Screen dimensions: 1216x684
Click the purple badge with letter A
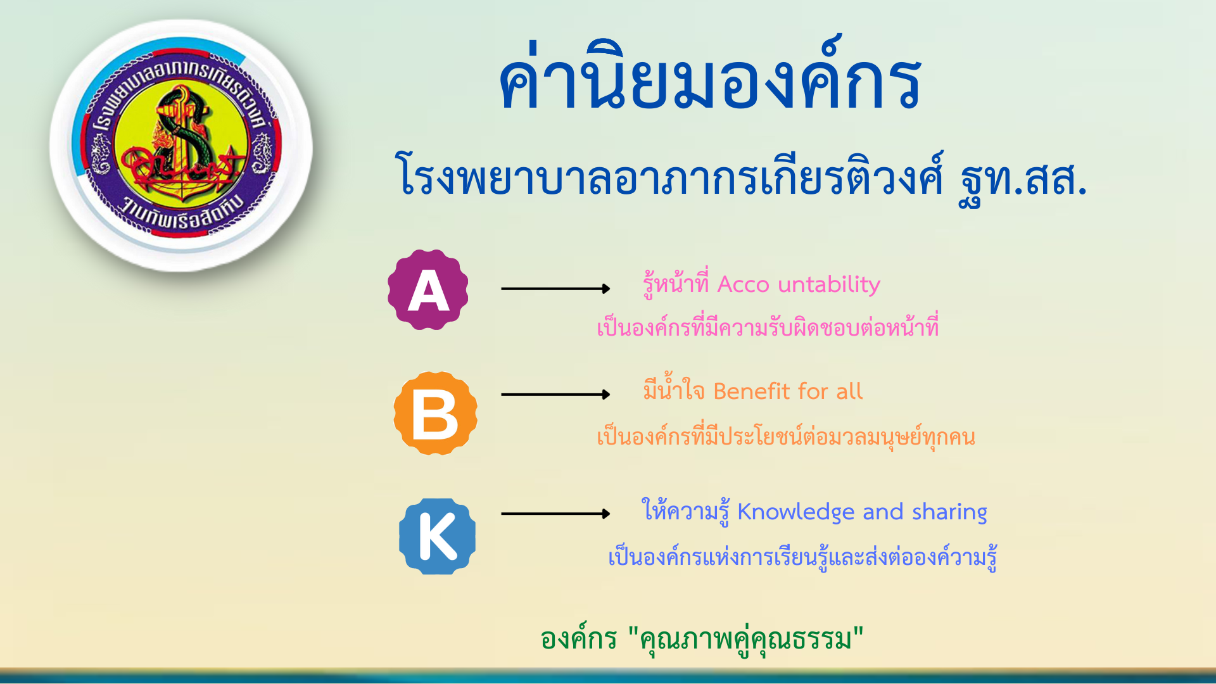click(428, 289)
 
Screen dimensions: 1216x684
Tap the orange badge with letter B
click(435, 413)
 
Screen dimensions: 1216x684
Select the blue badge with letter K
click(437, 536)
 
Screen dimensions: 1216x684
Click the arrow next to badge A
click(555, 289)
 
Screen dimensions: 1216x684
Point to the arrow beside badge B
click(555, 395)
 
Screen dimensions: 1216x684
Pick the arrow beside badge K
click(555, 514)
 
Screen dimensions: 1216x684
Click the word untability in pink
click(829, 284)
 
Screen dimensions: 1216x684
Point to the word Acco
click(743, 285)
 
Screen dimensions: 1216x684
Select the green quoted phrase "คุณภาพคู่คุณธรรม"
click(746, 640)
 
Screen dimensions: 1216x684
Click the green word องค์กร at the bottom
click(578, 638)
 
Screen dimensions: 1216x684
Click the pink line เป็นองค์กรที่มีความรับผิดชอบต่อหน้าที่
click(768, 327)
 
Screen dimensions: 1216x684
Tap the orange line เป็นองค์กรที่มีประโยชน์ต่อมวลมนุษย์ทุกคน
click(786, 436)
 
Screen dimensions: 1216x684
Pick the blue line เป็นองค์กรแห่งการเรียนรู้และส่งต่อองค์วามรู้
click(802, 556)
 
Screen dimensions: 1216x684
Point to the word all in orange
click(849, 391)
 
